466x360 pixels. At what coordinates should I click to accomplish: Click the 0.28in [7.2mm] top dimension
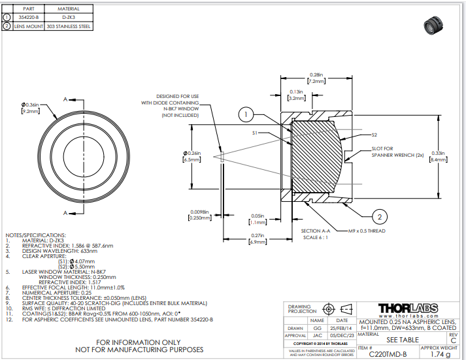(316, 78)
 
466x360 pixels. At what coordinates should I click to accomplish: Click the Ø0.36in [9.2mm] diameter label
(30, 108)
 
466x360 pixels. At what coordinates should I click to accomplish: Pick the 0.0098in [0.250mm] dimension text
(199, 215)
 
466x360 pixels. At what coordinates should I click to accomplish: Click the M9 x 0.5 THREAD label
(367, 231)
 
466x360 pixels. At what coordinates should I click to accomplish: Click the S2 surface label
(374, 135)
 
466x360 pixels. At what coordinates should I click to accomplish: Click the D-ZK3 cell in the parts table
(69, 18)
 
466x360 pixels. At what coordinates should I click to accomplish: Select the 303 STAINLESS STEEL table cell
(69, 27)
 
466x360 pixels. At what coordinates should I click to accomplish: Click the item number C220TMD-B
(388, 354)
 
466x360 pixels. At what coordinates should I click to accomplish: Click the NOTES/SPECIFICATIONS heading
(35, 234)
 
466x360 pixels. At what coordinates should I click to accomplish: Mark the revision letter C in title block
(453, 340)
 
